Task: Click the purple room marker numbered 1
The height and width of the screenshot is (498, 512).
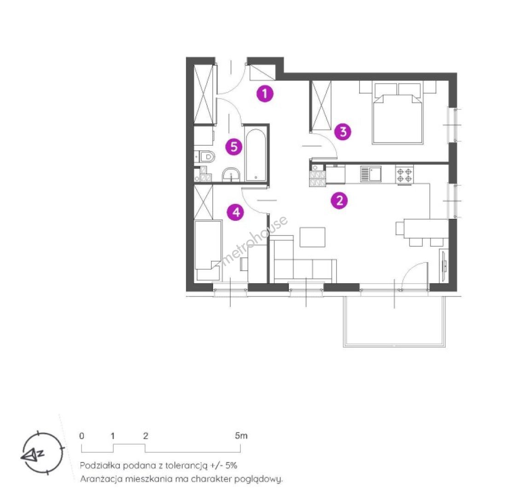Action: pyautogui.click(x=265, y=94)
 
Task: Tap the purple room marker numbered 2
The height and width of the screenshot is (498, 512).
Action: pyautogui.click(x=339, y=200)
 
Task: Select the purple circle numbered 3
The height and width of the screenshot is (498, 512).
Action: pyautogui.click(x=343, y=132)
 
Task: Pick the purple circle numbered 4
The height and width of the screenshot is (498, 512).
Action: pyautogui.click(x=236, y=212)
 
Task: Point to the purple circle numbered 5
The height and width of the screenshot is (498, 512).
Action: pyautogui.click(x=234, y=147)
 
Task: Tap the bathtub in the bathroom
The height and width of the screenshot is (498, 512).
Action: pyautogui.click(x=256, y=155)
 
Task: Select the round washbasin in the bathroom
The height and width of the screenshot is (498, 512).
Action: pyautogui.click(x=231, y=175)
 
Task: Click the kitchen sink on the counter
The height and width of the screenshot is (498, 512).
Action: pyautogui.click(x=371, y=174)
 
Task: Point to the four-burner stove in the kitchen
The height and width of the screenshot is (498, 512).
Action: pyautogui.click(x=405, y=175)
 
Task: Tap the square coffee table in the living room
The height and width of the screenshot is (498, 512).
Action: pyautogui.click(x=313, y=237)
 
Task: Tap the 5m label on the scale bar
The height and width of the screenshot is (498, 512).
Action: pyautogui.click(x=241, y=436)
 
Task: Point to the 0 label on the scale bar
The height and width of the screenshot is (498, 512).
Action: pyautogui.click(x=81, y=436)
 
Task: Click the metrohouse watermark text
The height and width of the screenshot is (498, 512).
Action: pyautogui.click(x=254, y=240)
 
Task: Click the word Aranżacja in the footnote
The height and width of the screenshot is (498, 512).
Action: pyautogui.click(x=101, y=480)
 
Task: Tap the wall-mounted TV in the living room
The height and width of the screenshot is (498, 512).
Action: pyautogui.click(x=443, y=265)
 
